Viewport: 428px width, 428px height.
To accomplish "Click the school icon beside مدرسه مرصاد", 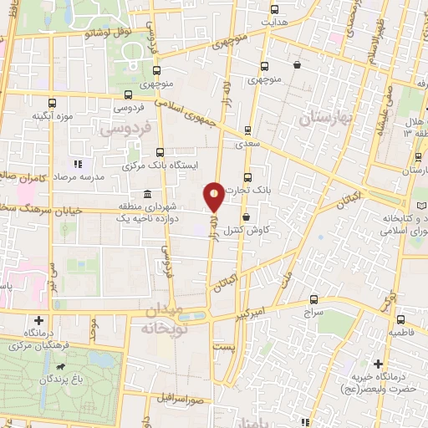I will click(x=78, y=165).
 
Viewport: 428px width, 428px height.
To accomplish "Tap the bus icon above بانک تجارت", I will click(x=247, y=177).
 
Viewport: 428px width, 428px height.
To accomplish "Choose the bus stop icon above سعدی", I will click(x=247, y=130).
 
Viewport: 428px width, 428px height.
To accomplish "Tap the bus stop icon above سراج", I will click(x=313, y=298).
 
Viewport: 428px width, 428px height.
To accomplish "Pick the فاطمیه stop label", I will click(x=400, y=332).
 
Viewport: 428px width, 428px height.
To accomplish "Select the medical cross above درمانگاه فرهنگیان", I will click(x=38, y=320).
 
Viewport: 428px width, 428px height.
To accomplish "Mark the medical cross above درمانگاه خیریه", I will click(x=380, y=364).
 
